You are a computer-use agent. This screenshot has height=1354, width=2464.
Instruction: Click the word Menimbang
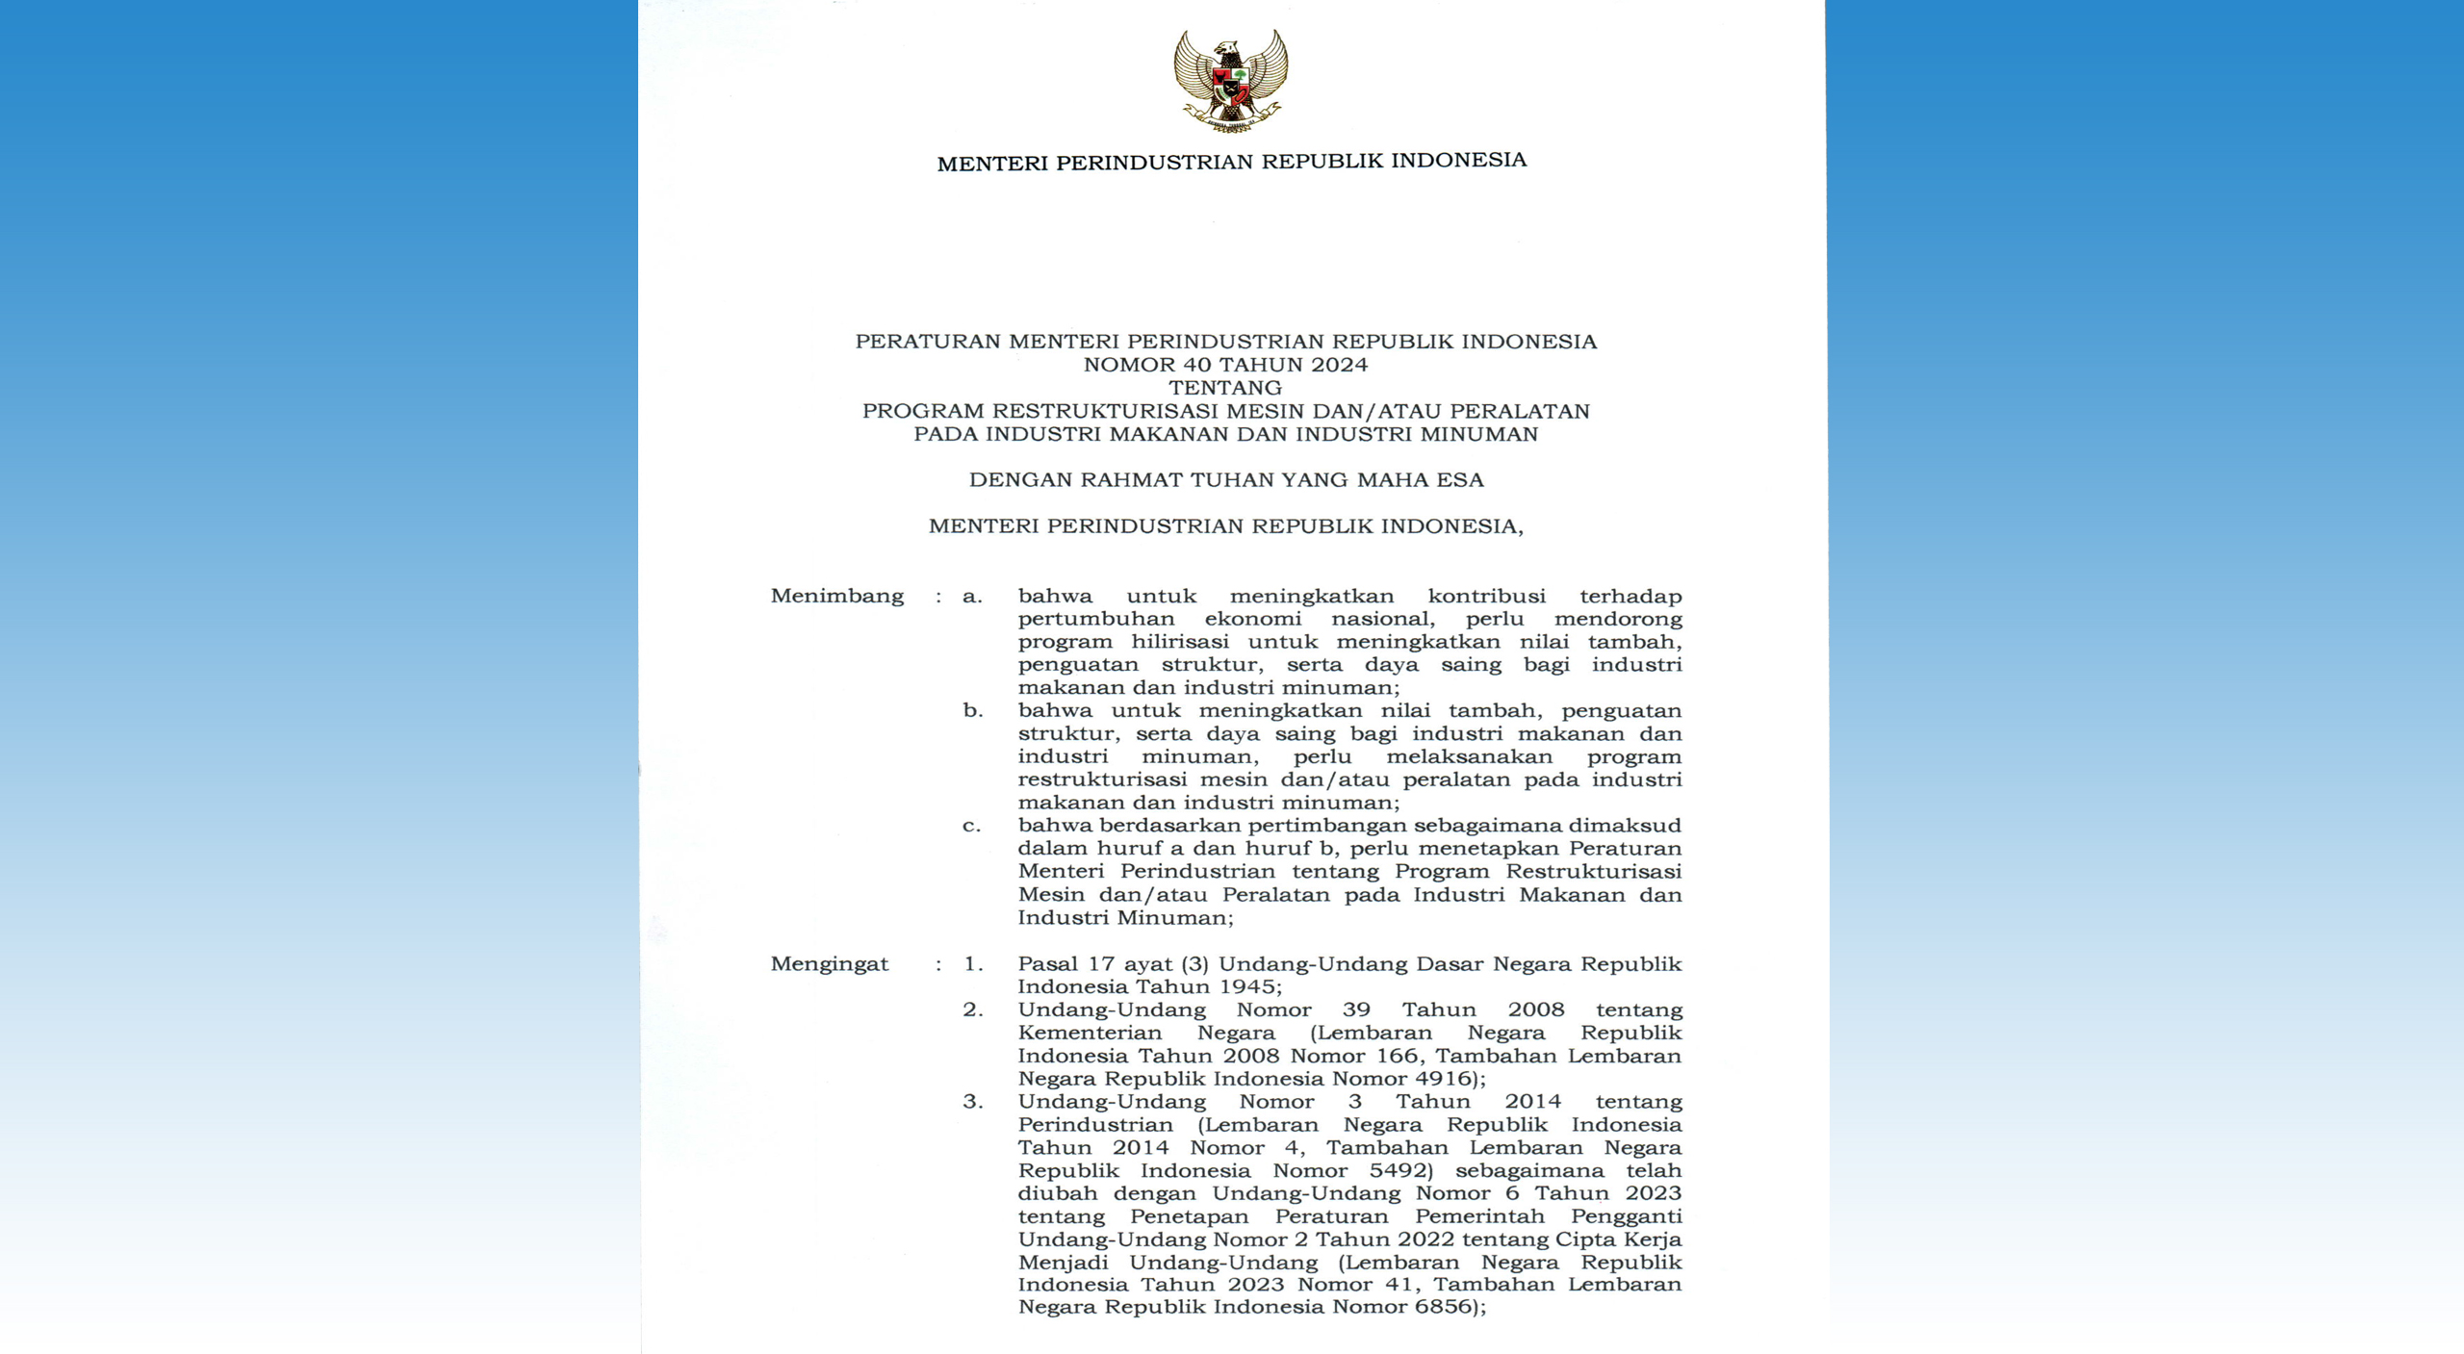(836, 597)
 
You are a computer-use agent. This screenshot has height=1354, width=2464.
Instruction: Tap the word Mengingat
(829, 964)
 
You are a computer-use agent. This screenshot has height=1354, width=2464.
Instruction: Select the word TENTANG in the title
(1225, 388)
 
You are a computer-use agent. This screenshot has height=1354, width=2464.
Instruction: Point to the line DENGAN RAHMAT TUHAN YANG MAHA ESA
(1226, 480)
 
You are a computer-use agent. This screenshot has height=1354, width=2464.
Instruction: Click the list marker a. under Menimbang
(972, 597)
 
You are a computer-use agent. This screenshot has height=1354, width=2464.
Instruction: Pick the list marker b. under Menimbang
(972, 711)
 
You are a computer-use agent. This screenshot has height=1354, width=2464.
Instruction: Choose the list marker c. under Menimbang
(972, 826)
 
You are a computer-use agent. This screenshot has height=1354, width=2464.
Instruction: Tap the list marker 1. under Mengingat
(973, 964)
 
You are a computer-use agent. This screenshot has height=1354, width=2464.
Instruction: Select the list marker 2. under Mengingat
(973, 1009)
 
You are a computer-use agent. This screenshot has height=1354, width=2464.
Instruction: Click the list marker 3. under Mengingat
(973, 1102)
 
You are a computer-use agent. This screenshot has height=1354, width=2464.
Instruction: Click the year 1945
(1245, 986)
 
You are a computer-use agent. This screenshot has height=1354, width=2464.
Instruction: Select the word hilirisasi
(1180, 642)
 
